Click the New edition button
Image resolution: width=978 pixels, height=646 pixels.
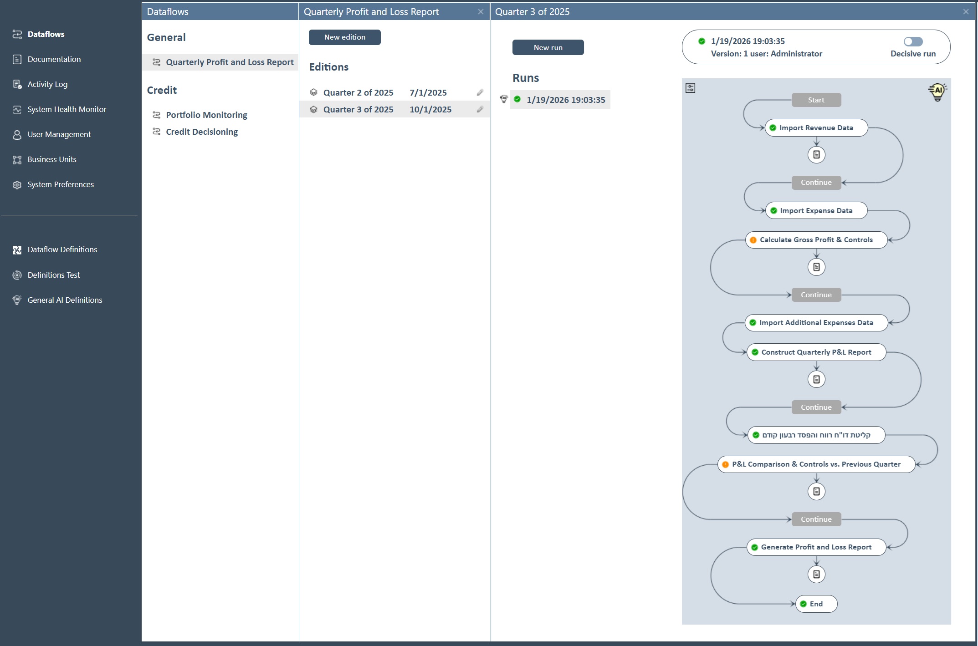coord(344,37)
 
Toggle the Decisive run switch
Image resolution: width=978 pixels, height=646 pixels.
coord(913,42)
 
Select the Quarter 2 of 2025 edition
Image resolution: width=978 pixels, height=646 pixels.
coord(358,92)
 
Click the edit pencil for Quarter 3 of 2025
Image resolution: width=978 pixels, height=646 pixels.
coord(480,109)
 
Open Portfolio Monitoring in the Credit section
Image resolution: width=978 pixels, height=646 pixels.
coord(206,115)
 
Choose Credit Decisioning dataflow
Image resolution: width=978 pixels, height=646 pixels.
coord(202,132)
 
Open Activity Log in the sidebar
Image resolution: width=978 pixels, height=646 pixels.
coord(47,84)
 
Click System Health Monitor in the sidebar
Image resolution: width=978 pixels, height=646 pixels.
coord(67,109)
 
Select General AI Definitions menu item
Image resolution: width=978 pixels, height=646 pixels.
coord(65,300)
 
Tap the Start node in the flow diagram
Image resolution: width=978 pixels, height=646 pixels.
coord(816,100)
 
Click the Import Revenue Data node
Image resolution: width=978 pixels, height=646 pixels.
coord(816,128)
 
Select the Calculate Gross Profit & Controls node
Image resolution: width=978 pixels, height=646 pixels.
coord(816,240)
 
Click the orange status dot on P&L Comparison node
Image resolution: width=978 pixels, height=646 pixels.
coord(726,464)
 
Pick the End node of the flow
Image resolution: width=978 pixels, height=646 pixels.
coord(816,604)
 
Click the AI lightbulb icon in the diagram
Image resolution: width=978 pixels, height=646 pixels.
coord(937,92)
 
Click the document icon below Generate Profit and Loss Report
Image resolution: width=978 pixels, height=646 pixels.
coord(816,575)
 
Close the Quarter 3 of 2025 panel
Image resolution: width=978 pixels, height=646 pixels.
coord(966,12)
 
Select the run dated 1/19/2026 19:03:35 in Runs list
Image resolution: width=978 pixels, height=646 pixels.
coord(566,100)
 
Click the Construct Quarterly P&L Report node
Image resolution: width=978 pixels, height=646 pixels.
coord(816,352)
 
